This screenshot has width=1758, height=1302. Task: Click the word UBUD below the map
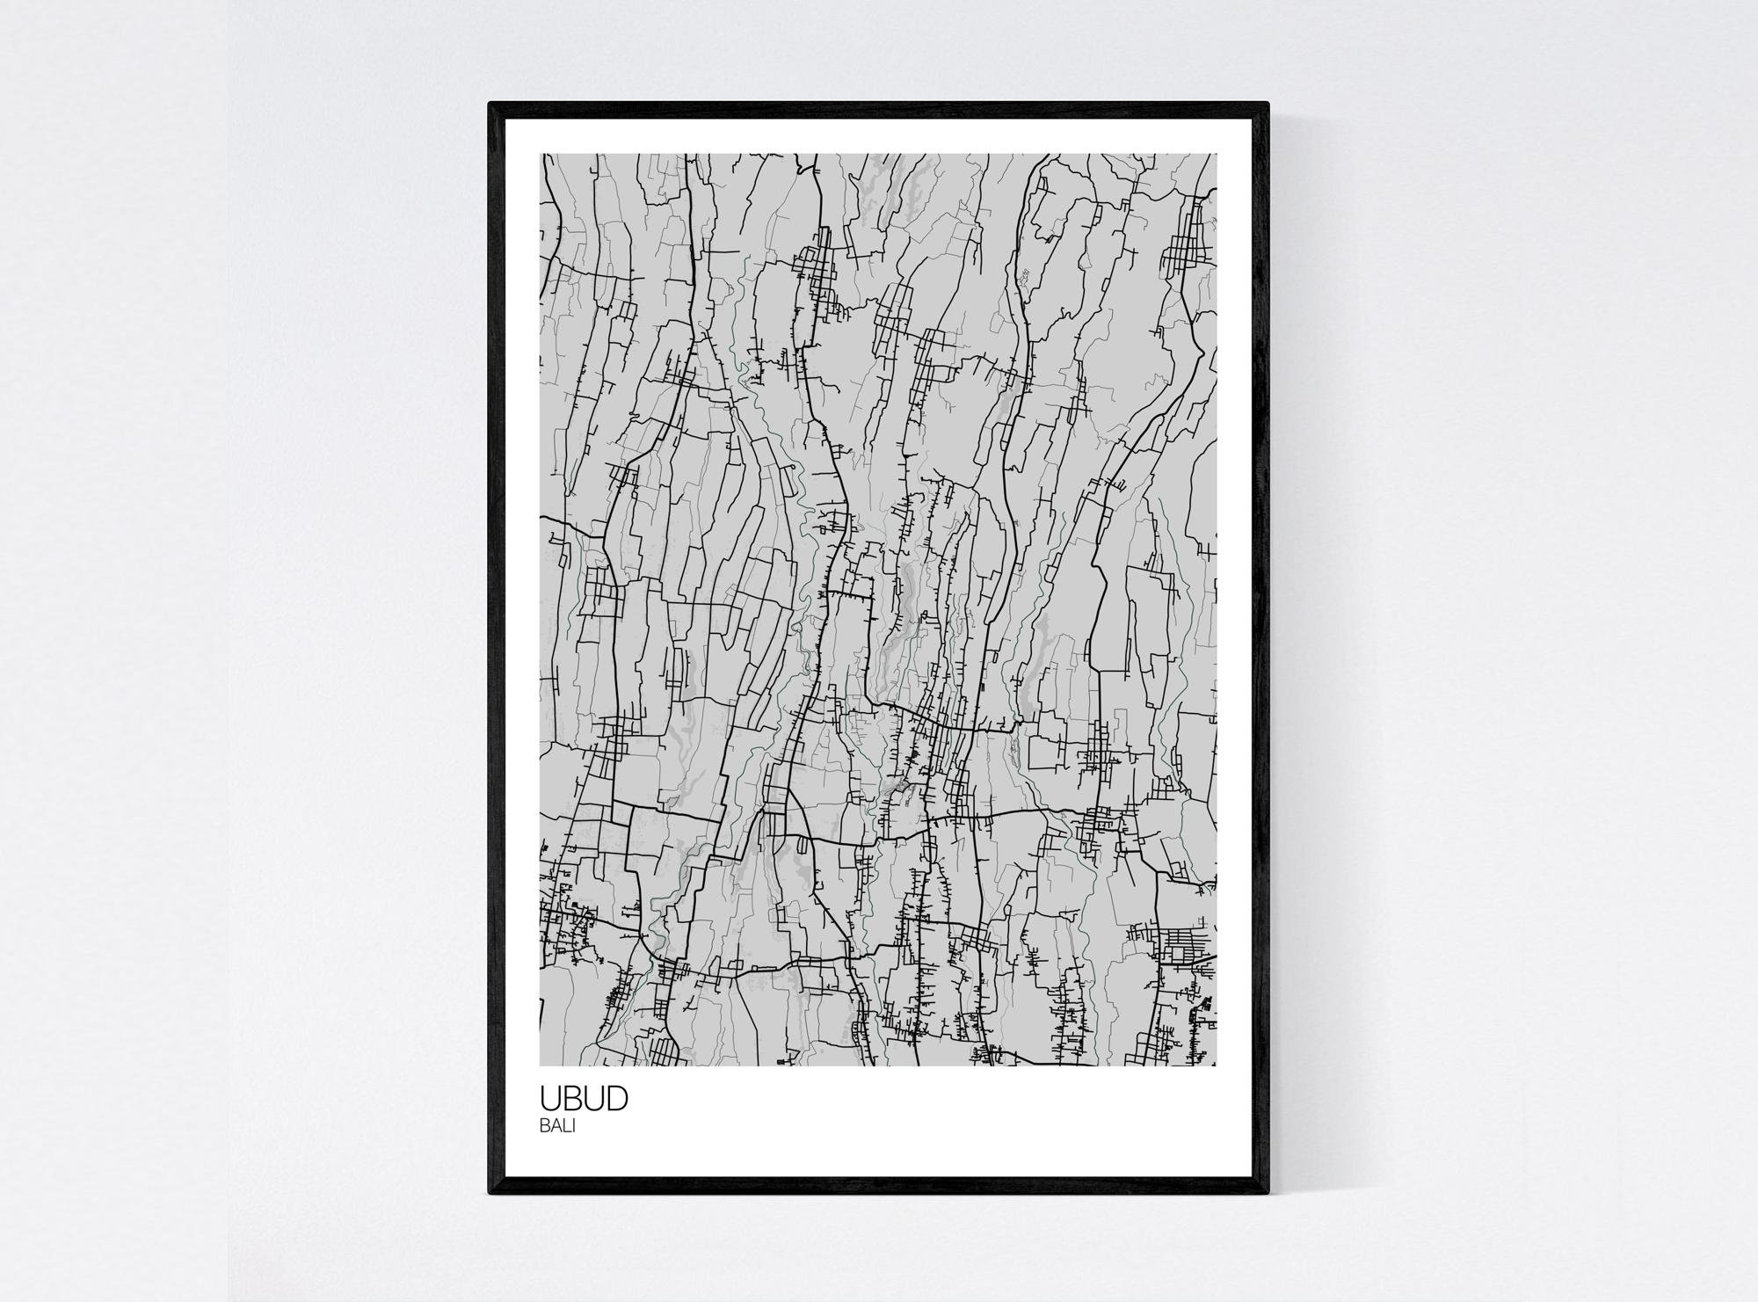[584, 1099]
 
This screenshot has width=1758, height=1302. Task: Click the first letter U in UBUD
[551, 1099]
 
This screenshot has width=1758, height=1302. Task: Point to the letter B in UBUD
[573, 1099]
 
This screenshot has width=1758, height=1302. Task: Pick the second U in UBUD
[594, 1099]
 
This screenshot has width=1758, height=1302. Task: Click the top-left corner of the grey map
[541, 155]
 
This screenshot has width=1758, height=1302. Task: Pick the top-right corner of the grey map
[1217, 155]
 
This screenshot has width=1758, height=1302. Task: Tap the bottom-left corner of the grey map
[541, 1066]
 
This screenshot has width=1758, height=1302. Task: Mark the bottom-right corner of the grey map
[1217, 1066]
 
